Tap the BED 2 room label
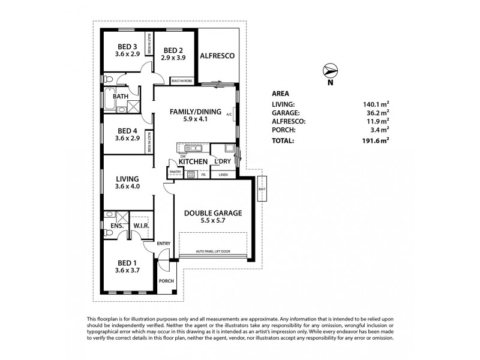click(x=173, y=50)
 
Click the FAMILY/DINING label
click(x=195, y=112)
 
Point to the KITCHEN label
click(x=193, y=162)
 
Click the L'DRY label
click(x=224, y=162)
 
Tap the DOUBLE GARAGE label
click(x=212, y=212)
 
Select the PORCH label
click(x=166, y=281)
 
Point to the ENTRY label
click(x=164, y=243)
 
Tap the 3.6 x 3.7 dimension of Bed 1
click(x=127, y=271)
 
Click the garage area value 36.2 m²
click(x=378, y=112)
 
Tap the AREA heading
click(x=280, y=94)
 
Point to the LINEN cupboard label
click(x=223, y=175)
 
